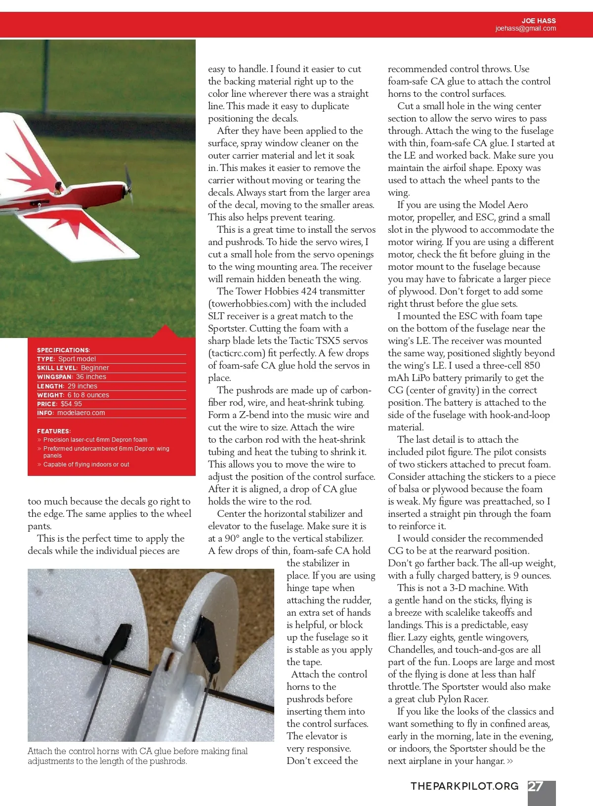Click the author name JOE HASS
(x=538, y=21)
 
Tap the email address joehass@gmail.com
(x=525, y=29)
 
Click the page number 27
(x=536, y=786)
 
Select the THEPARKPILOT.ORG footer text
(x=465, y=786)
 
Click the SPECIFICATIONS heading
(x=63, y=350)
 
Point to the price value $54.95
(x=71, y=404)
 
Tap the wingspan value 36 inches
(x=91, y=377)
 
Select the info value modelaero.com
(x=81, y=413)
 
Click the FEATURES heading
(x=54, y=431)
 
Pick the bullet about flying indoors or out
(x=86, y=465)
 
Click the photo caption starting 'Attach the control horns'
(x=137, y=756)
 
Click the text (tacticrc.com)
(x=240, y=353)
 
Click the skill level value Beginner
(x=95, y=368)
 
